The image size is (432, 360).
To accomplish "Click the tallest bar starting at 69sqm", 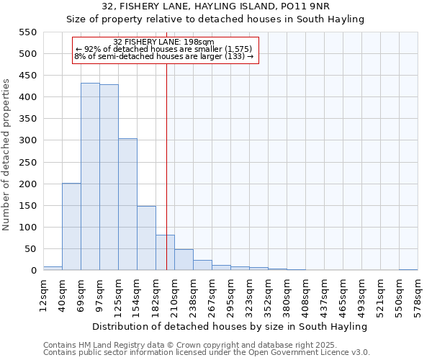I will click(90, 176).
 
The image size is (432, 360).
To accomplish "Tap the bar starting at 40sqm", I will click(71, 227).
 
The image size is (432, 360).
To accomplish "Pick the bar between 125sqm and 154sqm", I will click(127, 204).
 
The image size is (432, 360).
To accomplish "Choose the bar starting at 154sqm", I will click(146, 238).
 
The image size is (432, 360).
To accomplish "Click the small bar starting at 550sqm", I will click(408, 269).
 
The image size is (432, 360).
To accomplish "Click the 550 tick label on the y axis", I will click(27, 32).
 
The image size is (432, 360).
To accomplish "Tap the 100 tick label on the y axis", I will click(27, 228).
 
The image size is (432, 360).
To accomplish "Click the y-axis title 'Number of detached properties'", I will click(7, 155).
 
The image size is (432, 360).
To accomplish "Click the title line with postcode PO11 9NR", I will click(216, 6).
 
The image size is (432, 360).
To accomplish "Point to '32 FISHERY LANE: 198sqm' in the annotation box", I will click(164, 42).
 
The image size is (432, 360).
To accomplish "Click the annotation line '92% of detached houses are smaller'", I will click(163, 49).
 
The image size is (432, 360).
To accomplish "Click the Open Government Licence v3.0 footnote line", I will click(207, 353).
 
